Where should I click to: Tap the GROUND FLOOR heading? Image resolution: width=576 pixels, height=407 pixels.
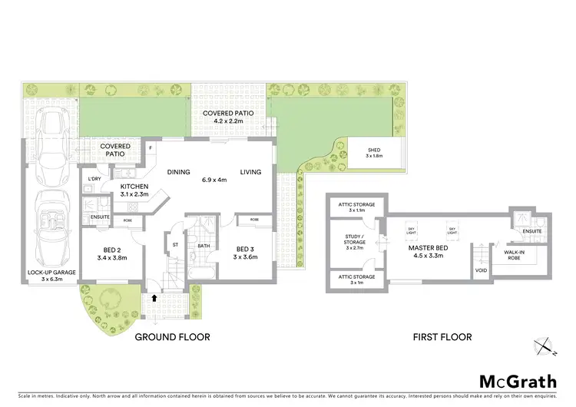pos(173,337)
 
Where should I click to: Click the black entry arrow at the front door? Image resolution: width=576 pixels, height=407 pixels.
pos(157,299)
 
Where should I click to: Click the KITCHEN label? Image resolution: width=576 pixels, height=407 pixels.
pos(134,187)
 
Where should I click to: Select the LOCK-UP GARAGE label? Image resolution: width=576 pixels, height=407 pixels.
pos(52,273)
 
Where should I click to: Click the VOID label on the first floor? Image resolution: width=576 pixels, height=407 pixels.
pos(482,270)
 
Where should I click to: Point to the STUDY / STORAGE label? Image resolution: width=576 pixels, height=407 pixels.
pos(355,241)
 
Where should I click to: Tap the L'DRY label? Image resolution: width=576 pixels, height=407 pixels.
pos(95,179)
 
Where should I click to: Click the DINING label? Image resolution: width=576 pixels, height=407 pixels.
pos(179,172)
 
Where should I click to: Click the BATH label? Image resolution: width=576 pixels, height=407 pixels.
pos(204,246)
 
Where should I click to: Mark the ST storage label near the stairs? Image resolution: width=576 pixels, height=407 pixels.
pos(175,246)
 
